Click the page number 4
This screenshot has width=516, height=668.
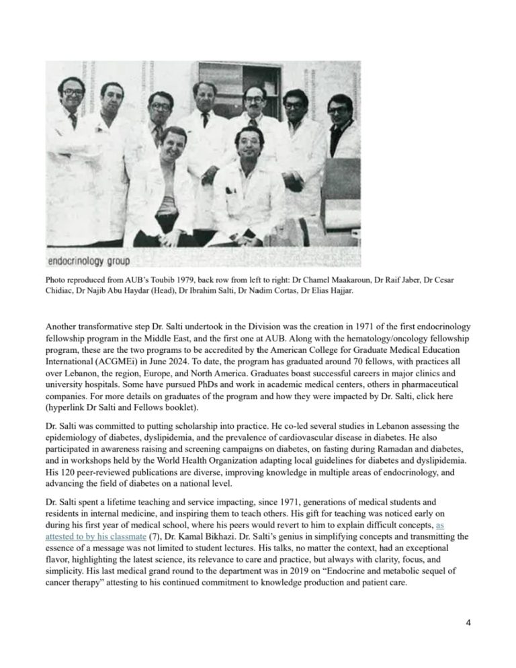[468, 623]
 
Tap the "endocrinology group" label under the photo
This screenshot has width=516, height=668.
[89, 260]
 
